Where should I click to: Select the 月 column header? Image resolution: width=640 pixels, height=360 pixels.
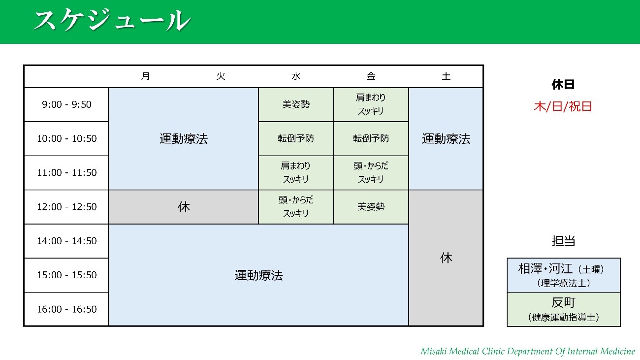146,76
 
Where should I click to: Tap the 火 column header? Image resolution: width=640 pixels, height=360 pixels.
221,76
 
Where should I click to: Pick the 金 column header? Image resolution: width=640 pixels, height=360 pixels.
371,76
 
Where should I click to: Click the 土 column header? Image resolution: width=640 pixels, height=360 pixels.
446,76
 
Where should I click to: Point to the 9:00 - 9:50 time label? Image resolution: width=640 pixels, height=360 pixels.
66,104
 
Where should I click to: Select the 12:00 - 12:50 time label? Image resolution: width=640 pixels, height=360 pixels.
66,207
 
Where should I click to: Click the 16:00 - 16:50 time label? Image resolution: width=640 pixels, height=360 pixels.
66,309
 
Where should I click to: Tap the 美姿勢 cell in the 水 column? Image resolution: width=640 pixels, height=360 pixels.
296,104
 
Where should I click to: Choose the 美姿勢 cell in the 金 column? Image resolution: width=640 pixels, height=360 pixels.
371,206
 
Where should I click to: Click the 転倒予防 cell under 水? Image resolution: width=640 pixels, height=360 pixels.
296,138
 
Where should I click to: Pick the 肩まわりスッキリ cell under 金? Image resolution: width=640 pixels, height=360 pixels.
371,104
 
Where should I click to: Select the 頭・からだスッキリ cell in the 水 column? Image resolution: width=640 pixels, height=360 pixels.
296,206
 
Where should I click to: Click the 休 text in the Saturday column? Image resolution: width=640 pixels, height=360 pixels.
446,258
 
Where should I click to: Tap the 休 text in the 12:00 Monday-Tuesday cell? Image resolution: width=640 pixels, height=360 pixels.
184,207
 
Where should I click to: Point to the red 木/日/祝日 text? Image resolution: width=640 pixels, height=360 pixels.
563,106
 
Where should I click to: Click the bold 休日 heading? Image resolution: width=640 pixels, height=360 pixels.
563,85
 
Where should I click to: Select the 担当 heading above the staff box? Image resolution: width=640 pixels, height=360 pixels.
563,241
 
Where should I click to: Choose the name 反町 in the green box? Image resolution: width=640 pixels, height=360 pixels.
563,302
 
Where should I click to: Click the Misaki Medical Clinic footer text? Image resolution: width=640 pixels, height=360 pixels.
528,351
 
